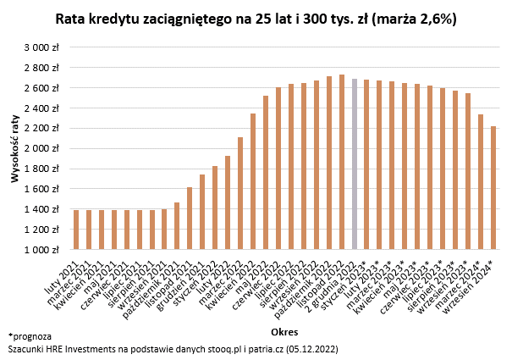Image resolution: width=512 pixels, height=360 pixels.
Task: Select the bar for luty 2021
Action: (x=76, y=230)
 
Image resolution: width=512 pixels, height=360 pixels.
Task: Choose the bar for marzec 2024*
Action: (x=481, y=182)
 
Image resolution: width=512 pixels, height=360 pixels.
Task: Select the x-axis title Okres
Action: (x=284, y=331)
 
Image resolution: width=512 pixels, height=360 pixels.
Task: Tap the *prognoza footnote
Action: (x=30, y=336)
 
